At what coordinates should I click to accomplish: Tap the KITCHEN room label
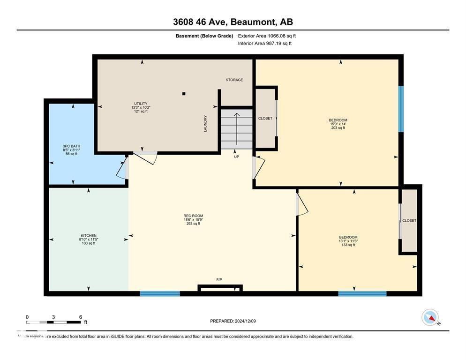tap(88, 235)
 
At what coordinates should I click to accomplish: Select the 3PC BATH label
tap(71, 146)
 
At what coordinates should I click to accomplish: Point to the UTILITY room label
tap(141, 104)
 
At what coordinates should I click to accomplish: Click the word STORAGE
tap(234, 80)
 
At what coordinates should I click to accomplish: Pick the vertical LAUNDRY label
tap(205, 123)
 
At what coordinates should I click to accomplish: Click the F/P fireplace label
tap(219, 279)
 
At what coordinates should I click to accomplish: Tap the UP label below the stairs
tap(236, 157)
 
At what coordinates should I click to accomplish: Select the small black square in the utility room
tap(184, 94)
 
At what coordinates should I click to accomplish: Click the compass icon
tap(430, 317)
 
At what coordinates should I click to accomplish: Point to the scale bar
tap(53, 322)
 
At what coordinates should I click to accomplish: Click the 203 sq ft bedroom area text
tap(338, 127)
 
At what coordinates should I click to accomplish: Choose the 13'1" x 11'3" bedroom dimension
tap(348, 241)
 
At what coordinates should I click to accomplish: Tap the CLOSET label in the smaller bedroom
tap(409, 220)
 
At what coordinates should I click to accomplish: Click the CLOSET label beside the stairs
tap(265, 118)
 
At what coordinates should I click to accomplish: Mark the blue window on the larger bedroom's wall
tap(400, 109)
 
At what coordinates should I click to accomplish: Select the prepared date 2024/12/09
tap(233, 321)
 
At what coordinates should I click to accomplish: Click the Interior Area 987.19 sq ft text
tap(264, 43)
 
